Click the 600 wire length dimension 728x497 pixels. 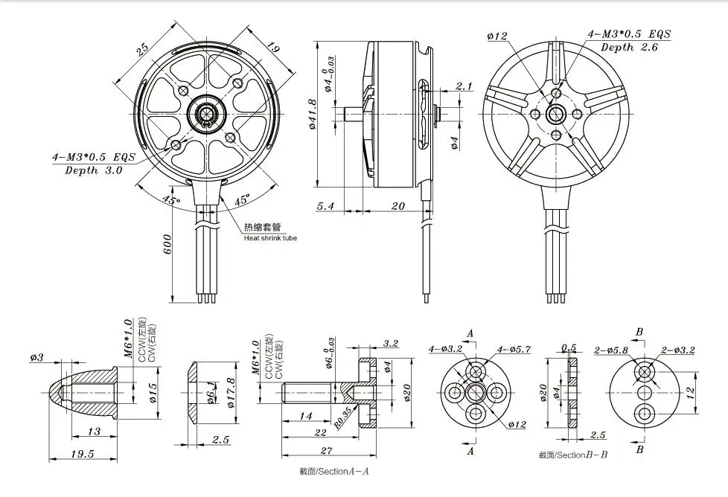click(167, 243)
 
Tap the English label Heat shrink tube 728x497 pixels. click(269, 239)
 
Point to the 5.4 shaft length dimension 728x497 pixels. click(325, 207)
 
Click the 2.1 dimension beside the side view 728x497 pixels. click(464, 87)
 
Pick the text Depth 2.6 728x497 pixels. click(628, 47)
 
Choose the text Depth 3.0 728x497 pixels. click(94, 170)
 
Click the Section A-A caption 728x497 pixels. click(334, 471)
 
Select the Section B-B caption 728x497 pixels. click(573, 454)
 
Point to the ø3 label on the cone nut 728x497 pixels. click(37, 358)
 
